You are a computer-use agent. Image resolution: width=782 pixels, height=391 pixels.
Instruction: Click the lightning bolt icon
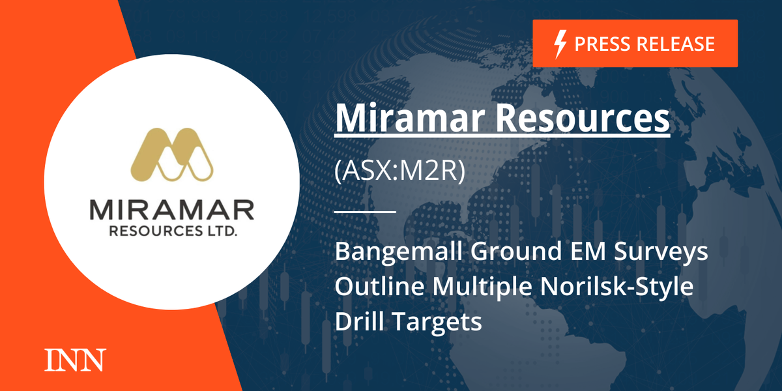[559, 44]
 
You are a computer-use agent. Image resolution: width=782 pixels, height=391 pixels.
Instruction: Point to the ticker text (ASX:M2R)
[399, 173]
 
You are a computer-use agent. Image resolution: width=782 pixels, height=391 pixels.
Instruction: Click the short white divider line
[365, 211]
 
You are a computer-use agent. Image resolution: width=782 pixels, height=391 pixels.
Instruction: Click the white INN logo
[74, 360]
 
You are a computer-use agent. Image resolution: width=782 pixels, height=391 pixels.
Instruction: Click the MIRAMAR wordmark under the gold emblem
[171, 210]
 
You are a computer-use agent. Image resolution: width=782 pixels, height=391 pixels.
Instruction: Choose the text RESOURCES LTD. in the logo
[171, 231]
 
